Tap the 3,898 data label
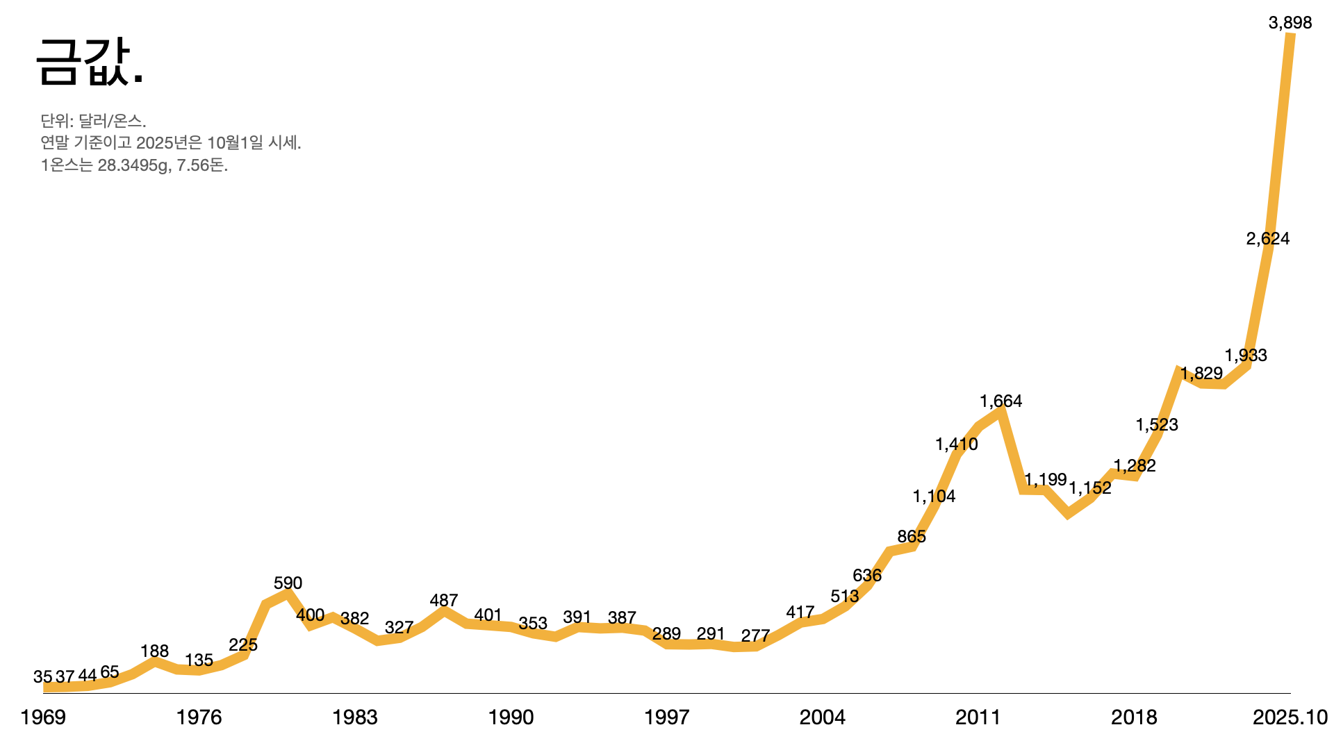coord(1290,23)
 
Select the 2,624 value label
coord(1267,239)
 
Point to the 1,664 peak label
coord(1000,401)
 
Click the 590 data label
coord(288,583)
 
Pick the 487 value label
coord(443,601)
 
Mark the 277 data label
coord(755,636)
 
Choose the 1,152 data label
coord(1089,488)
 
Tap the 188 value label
coord(154,651)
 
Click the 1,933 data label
coord(1245,356)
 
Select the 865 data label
coord(911,537)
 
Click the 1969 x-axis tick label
coord(43,717)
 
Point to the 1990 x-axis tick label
coord(511,717)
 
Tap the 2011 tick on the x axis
coord(978,717)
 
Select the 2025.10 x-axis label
coord(1290,717)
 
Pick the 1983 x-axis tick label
coord(354,717)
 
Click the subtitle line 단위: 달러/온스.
coord(93,121)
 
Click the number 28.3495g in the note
coord(133,165)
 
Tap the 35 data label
coord(42,677)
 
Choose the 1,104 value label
coord(934,497)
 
